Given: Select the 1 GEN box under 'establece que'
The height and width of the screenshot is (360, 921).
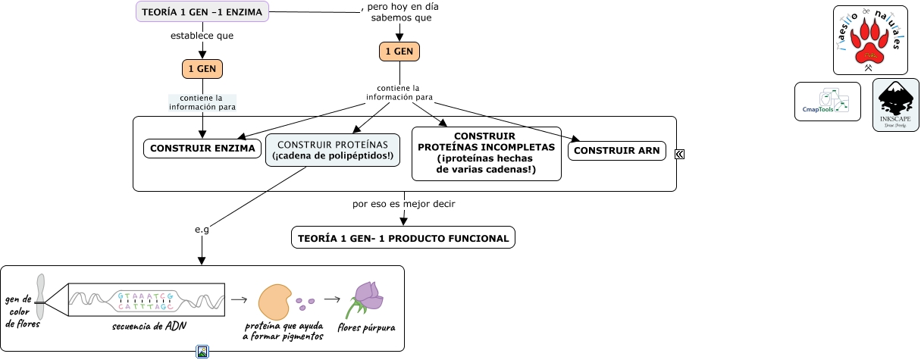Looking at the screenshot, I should click(202, 69).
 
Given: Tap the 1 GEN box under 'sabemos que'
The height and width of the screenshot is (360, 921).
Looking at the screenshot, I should click(399, 52).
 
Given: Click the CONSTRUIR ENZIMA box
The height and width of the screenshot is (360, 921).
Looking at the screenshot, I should click(202, 149).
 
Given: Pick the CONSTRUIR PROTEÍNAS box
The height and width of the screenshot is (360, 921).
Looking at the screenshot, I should click(333, 150).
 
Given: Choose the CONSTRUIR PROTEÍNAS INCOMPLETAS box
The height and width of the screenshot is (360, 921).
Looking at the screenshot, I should click(486, 154).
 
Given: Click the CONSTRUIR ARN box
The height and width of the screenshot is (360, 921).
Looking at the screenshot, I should click(617, 151).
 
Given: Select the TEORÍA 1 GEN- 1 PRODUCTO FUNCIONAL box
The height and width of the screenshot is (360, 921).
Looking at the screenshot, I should click(403, 238).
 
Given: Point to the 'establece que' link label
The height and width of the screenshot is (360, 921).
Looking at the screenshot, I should click(202, 36).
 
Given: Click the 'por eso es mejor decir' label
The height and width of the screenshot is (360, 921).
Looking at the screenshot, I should click(404, 204).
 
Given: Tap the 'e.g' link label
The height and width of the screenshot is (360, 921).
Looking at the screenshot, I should click(202, 230).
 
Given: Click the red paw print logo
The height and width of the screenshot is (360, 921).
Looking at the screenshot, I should click(870, 40).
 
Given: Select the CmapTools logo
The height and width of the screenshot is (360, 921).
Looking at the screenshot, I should click(827, 102).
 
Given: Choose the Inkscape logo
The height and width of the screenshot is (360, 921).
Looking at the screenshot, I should click(896, 105).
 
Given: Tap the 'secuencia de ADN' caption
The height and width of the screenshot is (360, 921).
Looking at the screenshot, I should click(150, 326).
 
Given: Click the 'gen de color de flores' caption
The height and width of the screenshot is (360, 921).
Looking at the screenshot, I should click(21, 311).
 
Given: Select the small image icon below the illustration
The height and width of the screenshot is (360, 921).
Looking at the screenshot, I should click(202, 352).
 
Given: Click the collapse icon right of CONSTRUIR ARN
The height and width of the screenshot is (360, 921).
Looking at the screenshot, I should click(680, 154).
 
